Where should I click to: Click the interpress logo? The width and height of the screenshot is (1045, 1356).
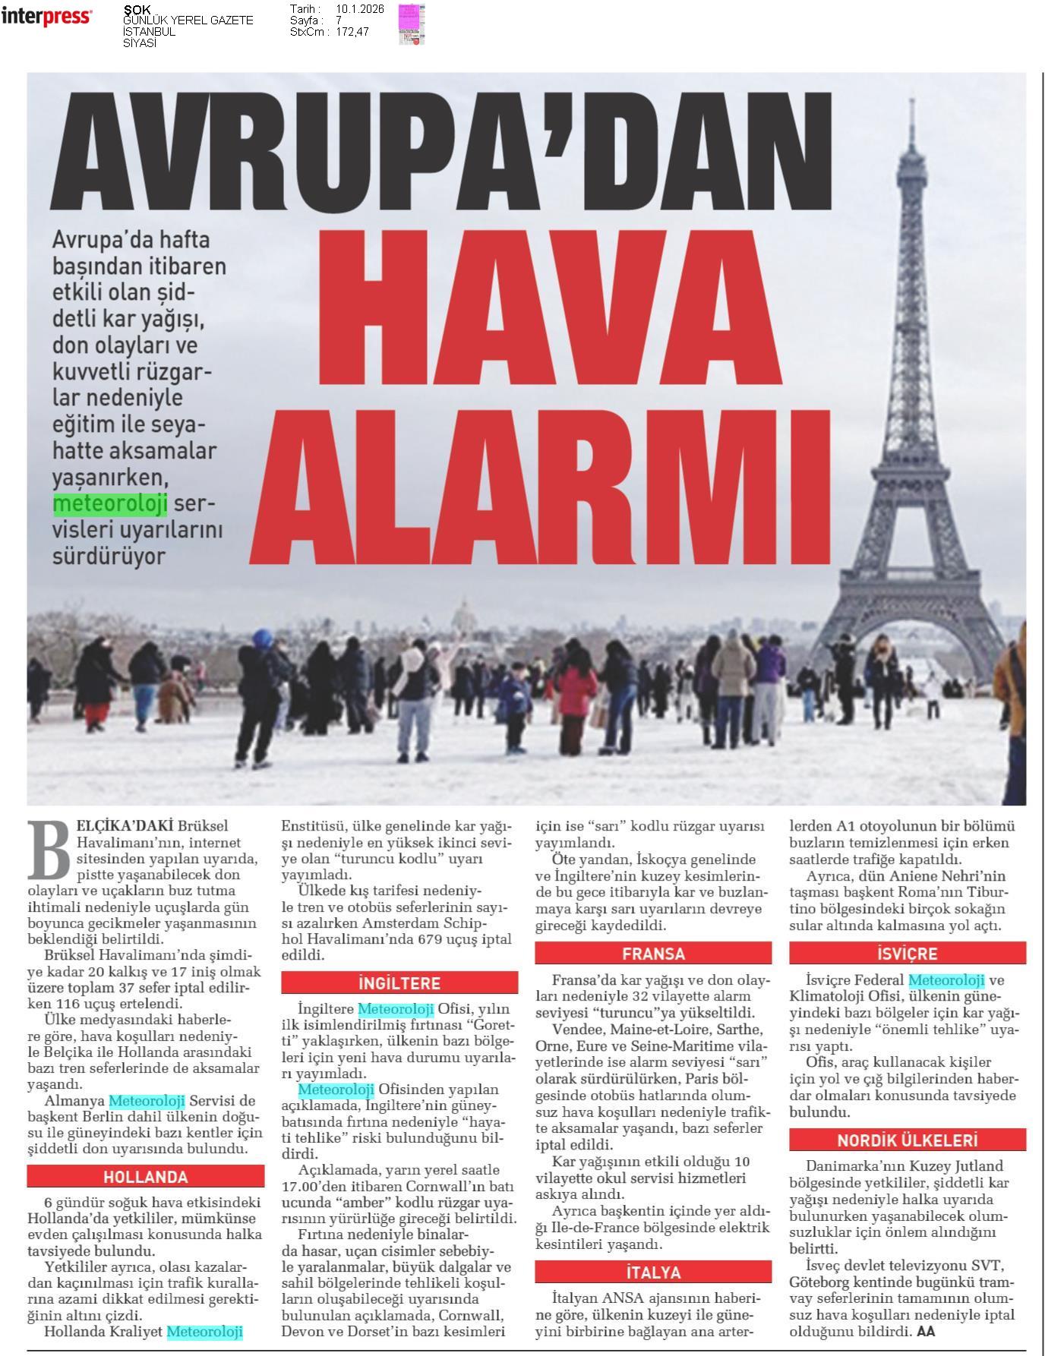tap(46, 17)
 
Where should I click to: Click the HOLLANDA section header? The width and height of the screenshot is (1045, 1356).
tap(145, 1177)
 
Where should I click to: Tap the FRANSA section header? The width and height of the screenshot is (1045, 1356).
tap(653, 954)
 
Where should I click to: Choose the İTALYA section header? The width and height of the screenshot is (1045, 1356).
tap(653, 1272)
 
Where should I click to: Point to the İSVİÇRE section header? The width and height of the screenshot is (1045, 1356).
tap(907, 954)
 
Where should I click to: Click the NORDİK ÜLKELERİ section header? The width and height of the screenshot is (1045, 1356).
tap(907, 1140)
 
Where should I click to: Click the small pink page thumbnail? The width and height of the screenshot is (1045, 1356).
tap(411, 24)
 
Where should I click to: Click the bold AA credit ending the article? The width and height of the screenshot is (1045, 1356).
tap(926, 1331)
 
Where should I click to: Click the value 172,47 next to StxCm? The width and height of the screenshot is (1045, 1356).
tap(352, 32)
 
